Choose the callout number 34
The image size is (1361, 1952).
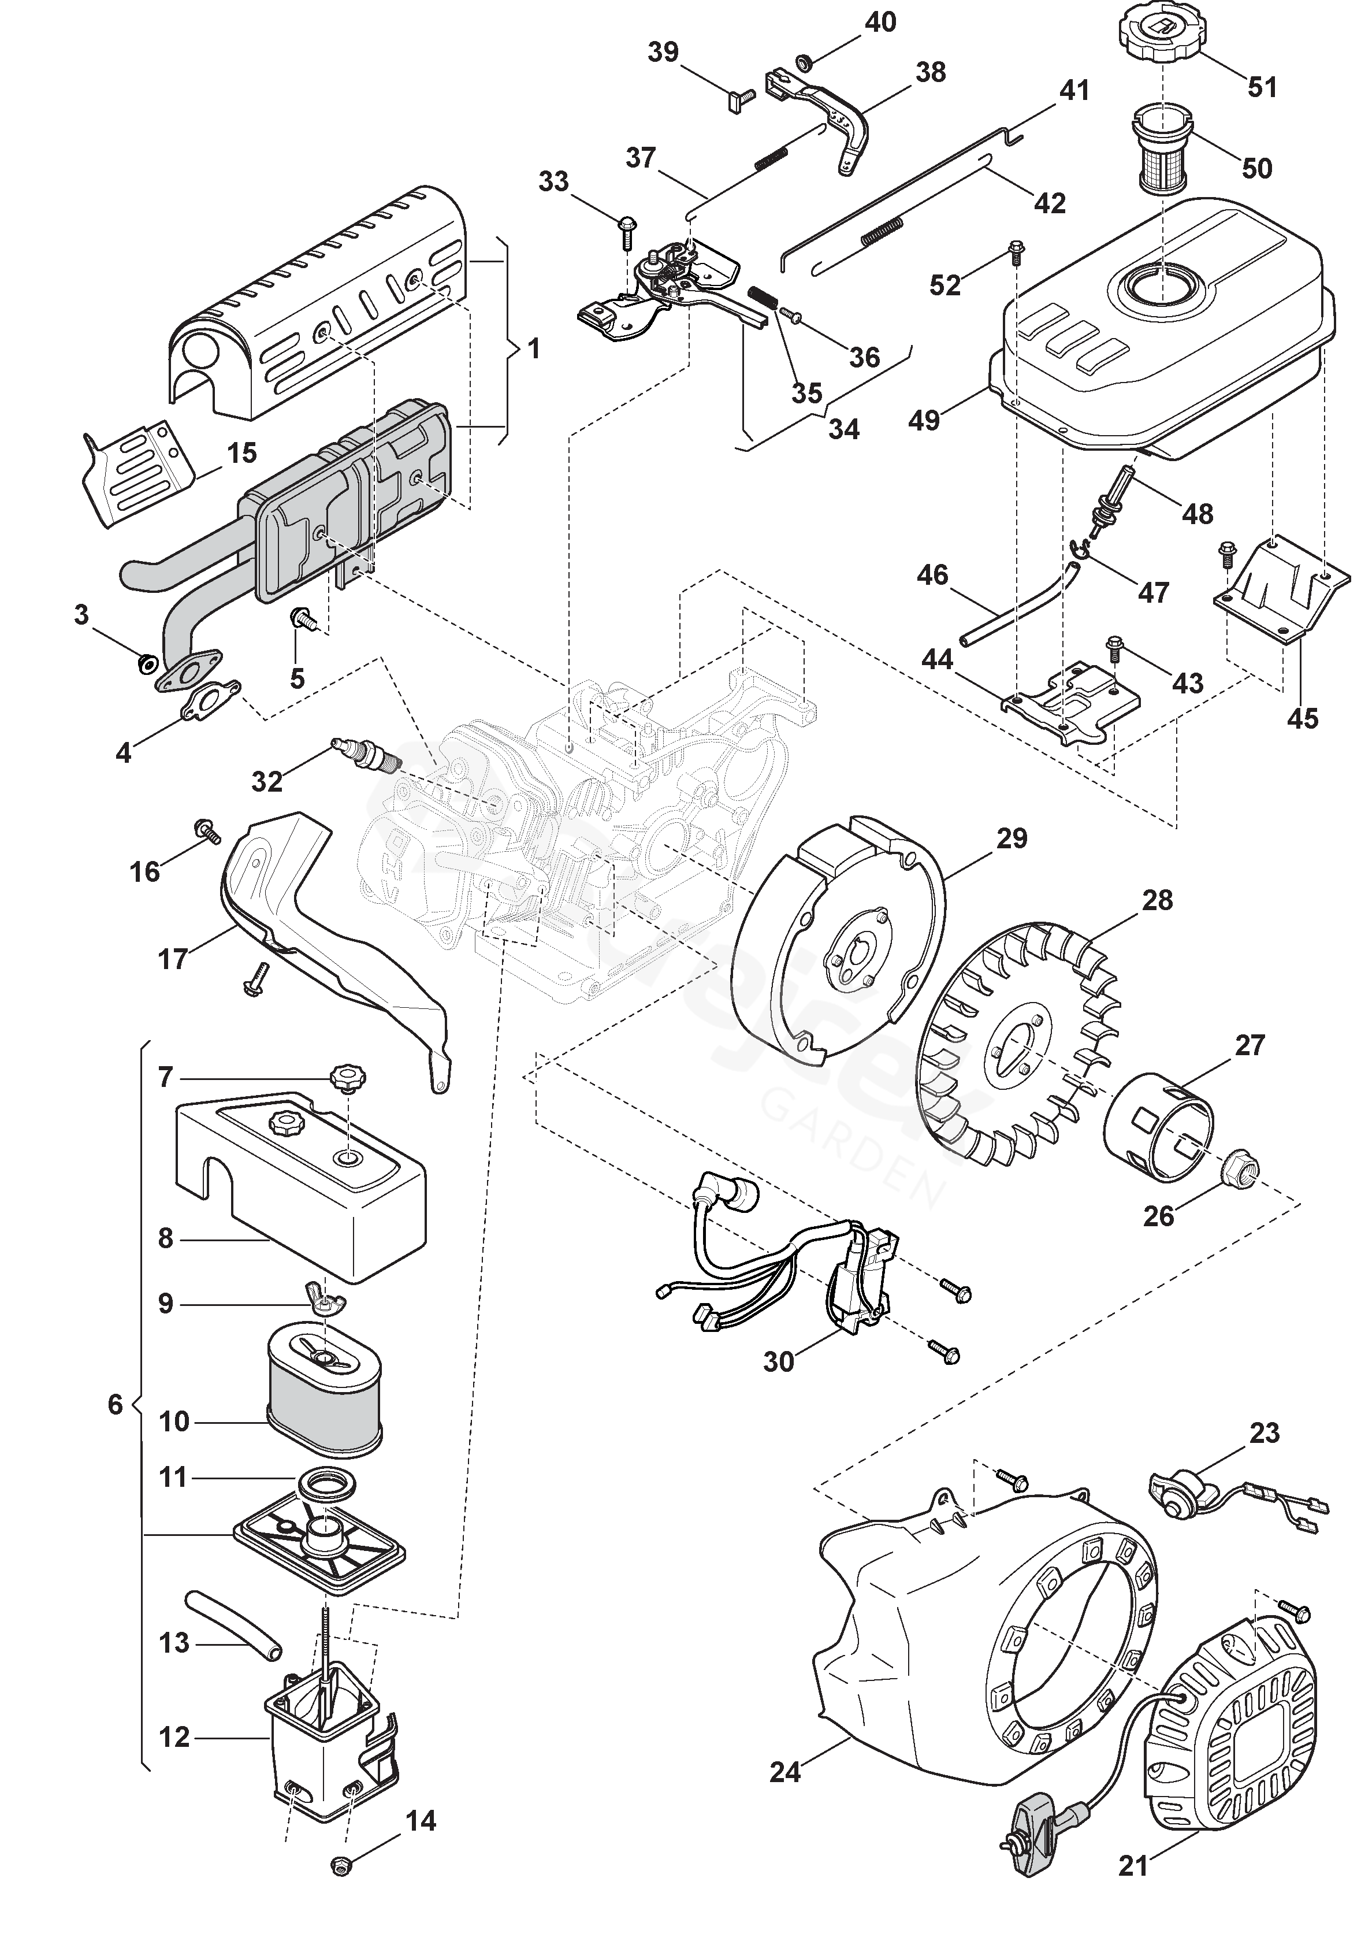(843, 429)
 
